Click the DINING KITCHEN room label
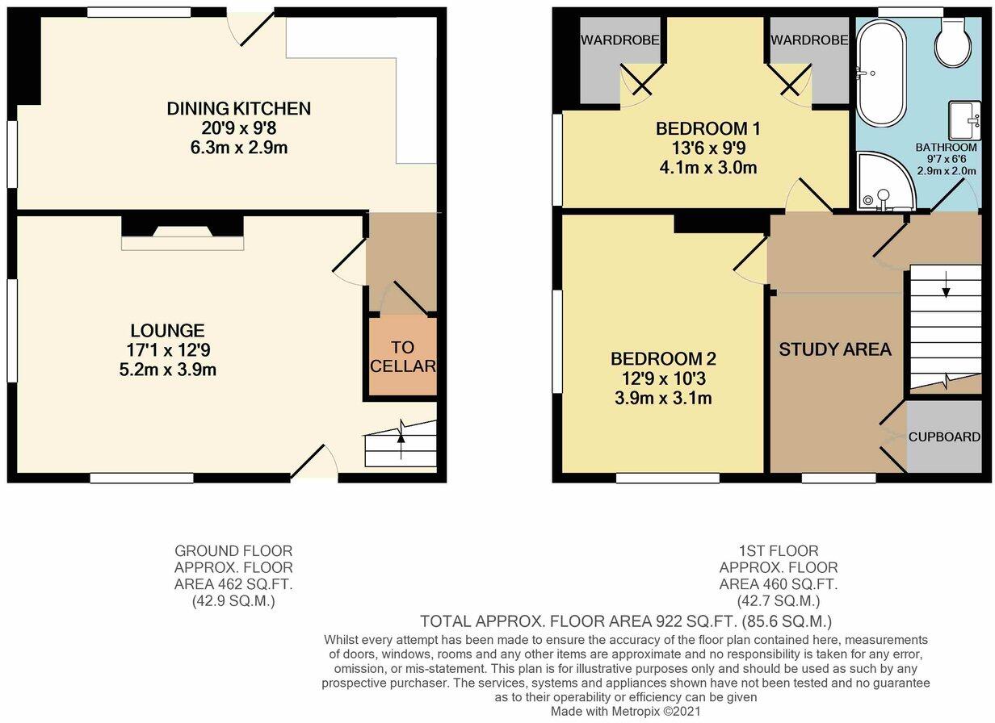click(x=238, y=108)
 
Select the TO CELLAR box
click(x=403, y=357)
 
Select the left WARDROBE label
click(x=620, y=40)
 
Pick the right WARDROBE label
click(x=808, y=40)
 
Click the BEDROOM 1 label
click(x=707, y=128)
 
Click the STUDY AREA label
click(x=834, y=349)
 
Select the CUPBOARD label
click(x=944, y=437)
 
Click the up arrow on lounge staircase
click(x=401, y=437)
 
